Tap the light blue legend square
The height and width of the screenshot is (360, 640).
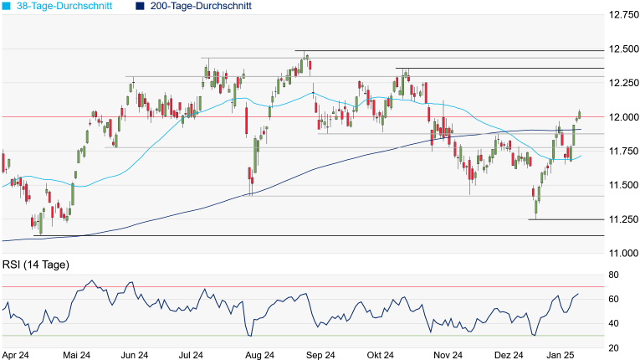coord(7,6)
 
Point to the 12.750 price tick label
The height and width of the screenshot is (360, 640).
coord(623,15)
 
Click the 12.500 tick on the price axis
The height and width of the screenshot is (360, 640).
coord(623,49)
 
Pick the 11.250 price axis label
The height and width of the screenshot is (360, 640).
coord(623,219)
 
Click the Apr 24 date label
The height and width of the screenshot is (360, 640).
coord(18,355)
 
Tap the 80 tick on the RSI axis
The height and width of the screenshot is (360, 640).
coord(614,275)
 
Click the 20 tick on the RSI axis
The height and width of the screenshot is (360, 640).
coord(614,347)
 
